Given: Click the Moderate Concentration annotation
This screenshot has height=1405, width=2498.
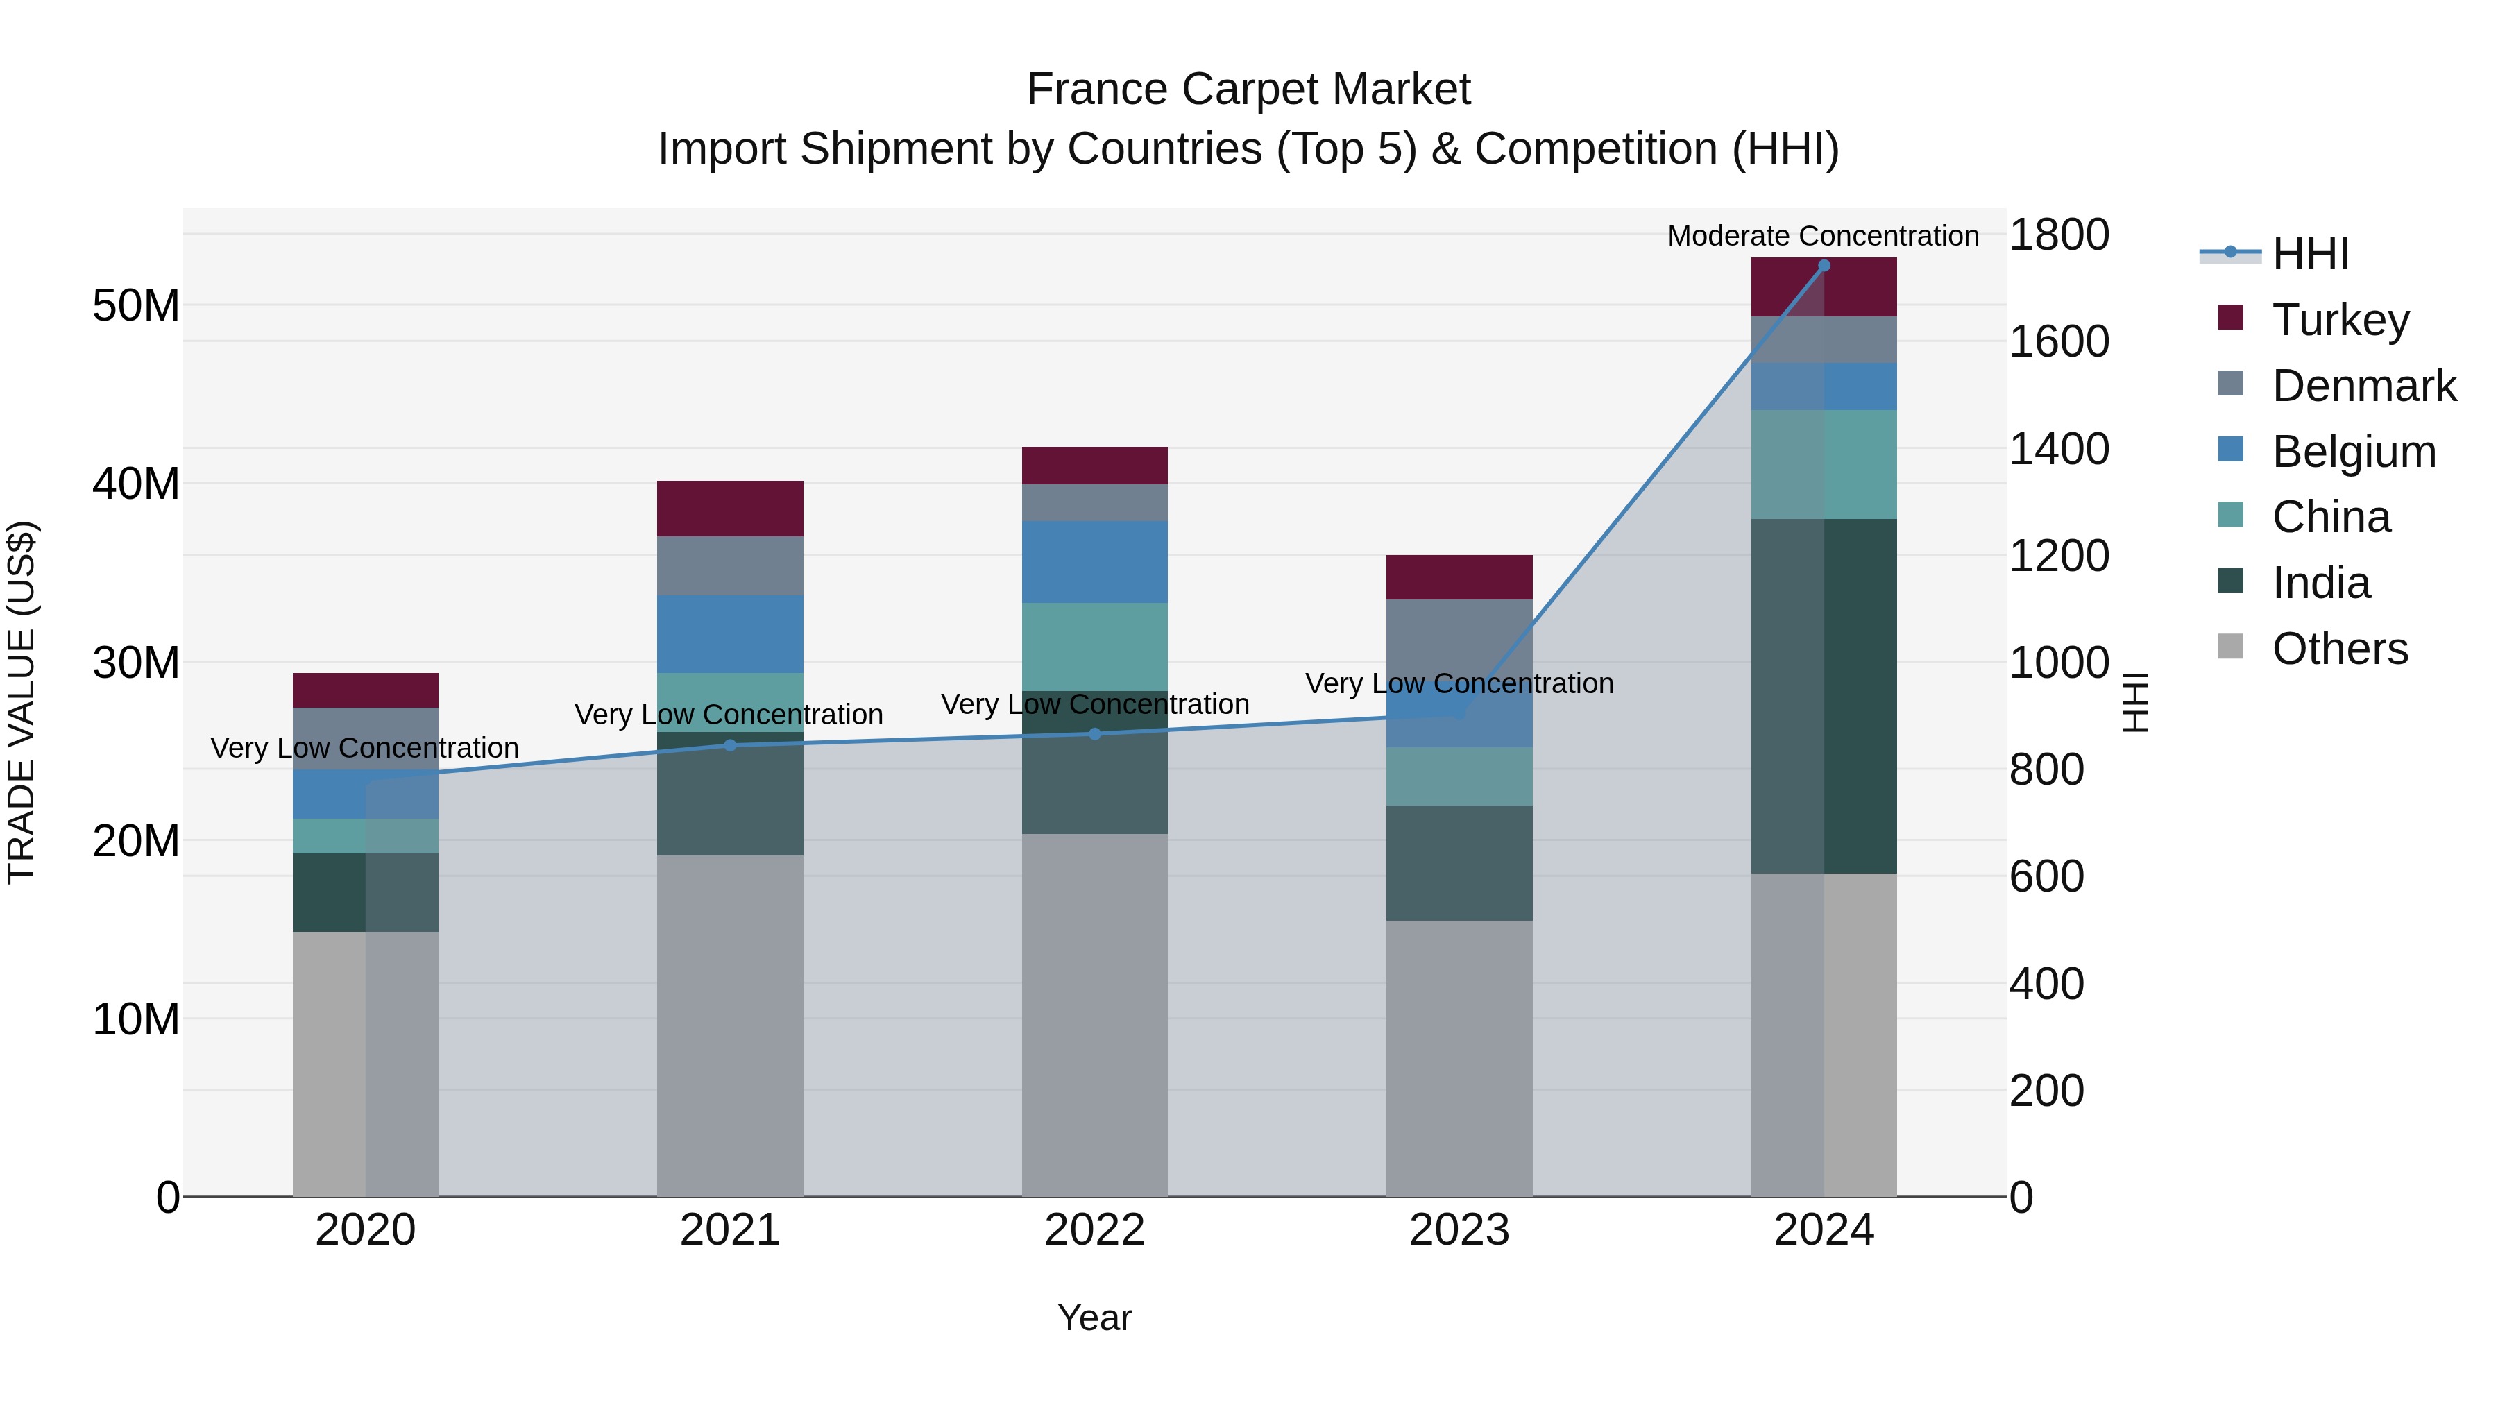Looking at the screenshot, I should click(1822, 236).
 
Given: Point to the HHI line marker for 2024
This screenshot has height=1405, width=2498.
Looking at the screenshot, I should click(1823, 266).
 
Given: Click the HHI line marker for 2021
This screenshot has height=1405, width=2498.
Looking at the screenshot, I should click(730, 744).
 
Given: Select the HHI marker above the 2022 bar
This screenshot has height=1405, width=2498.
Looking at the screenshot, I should click(1095, 734).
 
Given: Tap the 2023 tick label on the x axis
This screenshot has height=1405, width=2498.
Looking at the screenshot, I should click(1459, 1230).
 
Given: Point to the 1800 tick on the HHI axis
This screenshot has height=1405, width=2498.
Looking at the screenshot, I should click(2058, 235).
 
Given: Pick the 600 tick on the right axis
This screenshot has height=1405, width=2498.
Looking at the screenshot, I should click(2046, 876).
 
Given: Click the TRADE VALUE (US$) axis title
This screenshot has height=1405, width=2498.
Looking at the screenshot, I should click(22, 702).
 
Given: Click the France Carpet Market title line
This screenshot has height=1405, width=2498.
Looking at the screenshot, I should click(1248, 90).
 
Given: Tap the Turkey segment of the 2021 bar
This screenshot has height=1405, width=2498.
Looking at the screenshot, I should click(730, 508).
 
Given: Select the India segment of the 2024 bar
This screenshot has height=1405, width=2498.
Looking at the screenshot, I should click(1823, 695).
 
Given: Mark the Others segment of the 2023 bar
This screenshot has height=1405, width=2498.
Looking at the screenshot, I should click(1459, 1057).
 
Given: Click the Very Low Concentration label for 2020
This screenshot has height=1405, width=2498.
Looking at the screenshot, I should click(364, 747).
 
